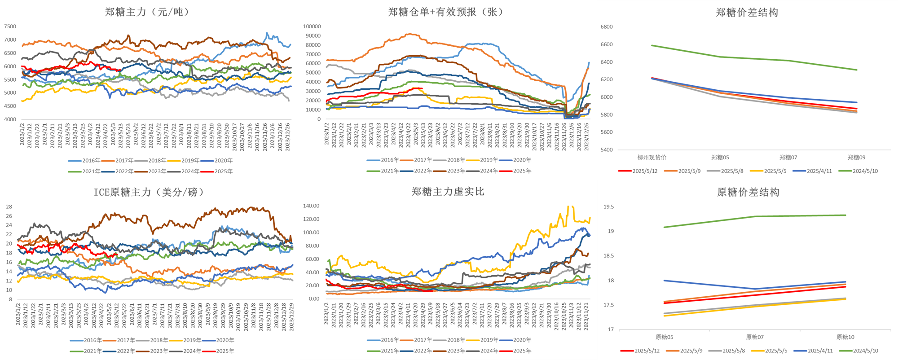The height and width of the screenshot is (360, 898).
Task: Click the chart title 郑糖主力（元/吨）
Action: coord(147,12)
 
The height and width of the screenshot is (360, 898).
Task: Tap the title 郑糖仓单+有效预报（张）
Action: coord(445,12)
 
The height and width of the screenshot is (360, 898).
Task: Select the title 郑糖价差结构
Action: coord(747,13)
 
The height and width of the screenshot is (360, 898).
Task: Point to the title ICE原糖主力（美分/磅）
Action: coord(149,192)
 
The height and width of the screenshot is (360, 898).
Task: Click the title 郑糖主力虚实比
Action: coord(448,192)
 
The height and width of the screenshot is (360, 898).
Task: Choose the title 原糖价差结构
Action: coord(748,192)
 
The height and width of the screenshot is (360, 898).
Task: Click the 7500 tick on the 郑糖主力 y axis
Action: coord(10,26)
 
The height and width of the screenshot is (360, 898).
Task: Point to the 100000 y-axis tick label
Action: coord(312,26)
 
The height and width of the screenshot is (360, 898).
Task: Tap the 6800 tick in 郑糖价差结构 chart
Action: coord(607,27)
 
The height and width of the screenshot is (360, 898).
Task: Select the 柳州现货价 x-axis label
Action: coord(652,158)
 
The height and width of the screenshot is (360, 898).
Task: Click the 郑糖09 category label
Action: coord(856,158)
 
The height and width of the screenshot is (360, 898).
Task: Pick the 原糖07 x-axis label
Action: coord(755,337)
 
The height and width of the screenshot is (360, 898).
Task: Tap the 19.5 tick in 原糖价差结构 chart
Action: coord(608,207)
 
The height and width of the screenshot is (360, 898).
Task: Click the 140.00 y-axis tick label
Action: coord(311,206)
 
